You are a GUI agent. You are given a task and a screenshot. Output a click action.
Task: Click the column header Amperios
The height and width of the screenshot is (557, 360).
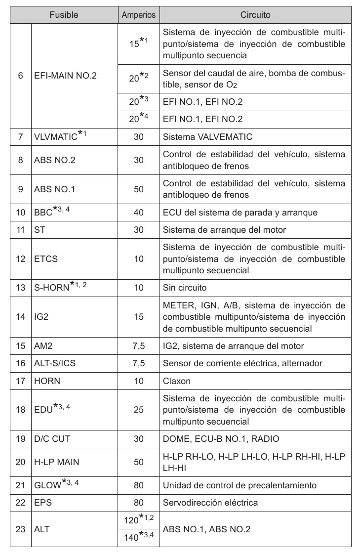click(138, 15)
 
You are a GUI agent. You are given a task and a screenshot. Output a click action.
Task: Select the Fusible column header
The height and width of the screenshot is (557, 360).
click(64, 15)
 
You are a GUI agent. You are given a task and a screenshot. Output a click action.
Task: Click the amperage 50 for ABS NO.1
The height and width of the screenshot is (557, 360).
click(138, 188)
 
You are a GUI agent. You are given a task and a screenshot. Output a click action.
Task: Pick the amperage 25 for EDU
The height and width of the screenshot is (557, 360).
click(138, 410)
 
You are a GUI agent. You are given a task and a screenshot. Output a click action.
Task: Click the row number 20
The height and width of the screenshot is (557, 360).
click(20, 462)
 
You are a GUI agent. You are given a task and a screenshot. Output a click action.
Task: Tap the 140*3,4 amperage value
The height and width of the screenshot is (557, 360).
click(138, 538)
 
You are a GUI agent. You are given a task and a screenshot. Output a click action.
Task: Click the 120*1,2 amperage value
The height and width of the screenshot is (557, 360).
click(138, 520)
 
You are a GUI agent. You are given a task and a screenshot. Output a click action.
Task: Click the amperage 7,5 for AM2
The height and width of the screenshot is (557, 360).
click(138, 345)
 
